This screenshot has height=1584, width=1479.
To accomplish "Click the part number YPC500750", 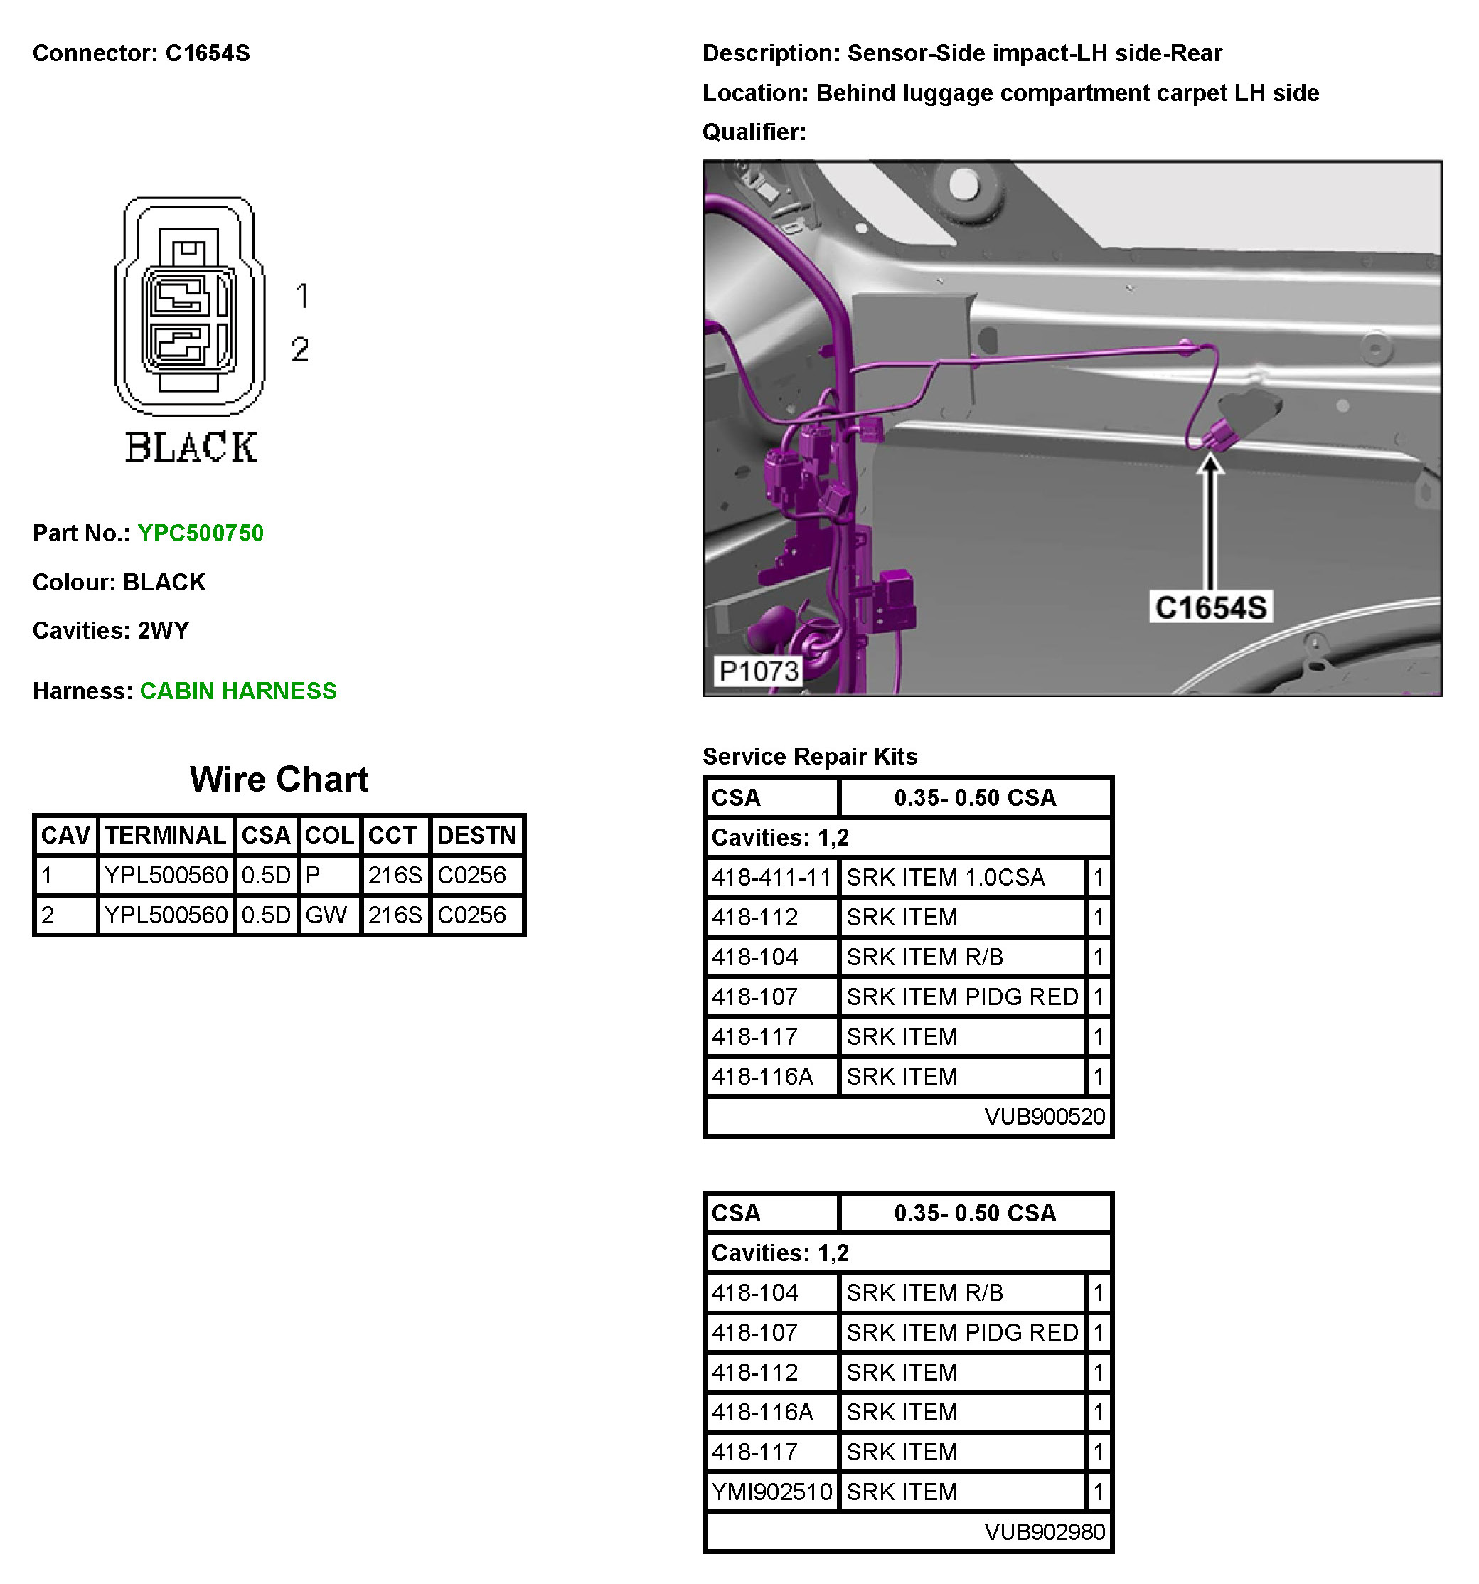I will coord(200,533).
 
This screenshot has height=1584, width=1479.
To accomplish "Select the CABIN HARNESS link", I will coord(238,691).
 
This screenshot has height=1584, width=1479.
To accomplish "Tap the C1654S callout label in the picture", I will coord(1210,607).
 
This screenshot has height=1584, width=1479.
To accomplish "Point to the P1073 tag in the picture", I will coord(757,671).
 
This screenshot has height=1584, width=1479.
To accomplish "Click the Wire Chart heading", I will coord(279,780).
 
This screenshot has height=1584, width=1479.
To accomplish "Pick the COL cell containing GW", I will coord(326,915).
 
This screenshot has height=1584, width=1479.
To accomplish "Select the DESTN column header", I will coord(476,835).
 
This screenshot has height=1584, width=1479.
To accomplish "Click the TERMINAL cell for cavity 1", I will coord(166,875).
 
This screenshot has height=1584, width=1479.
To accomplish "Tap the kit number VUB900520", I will coord(1044,1116).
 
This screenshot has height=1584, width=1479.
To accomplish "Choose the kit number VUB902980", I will coord(1044,1531).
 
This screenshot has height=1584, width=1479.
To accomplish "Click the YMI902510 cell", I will coord(771,1492).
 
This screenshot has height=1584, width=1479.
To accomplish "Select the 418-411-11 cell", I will coord(771,877).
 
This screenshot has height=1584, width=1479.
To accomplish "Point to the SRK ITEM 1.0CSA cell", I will coord(946,877).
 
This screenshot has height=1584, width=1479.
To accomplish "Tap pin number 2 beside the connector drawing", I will coord(300,349).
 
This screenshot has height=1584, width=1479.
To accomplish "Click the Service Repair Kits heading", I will coord(809,756).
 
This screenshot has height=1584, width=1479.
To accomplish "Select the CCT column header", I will coord(392,835).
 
